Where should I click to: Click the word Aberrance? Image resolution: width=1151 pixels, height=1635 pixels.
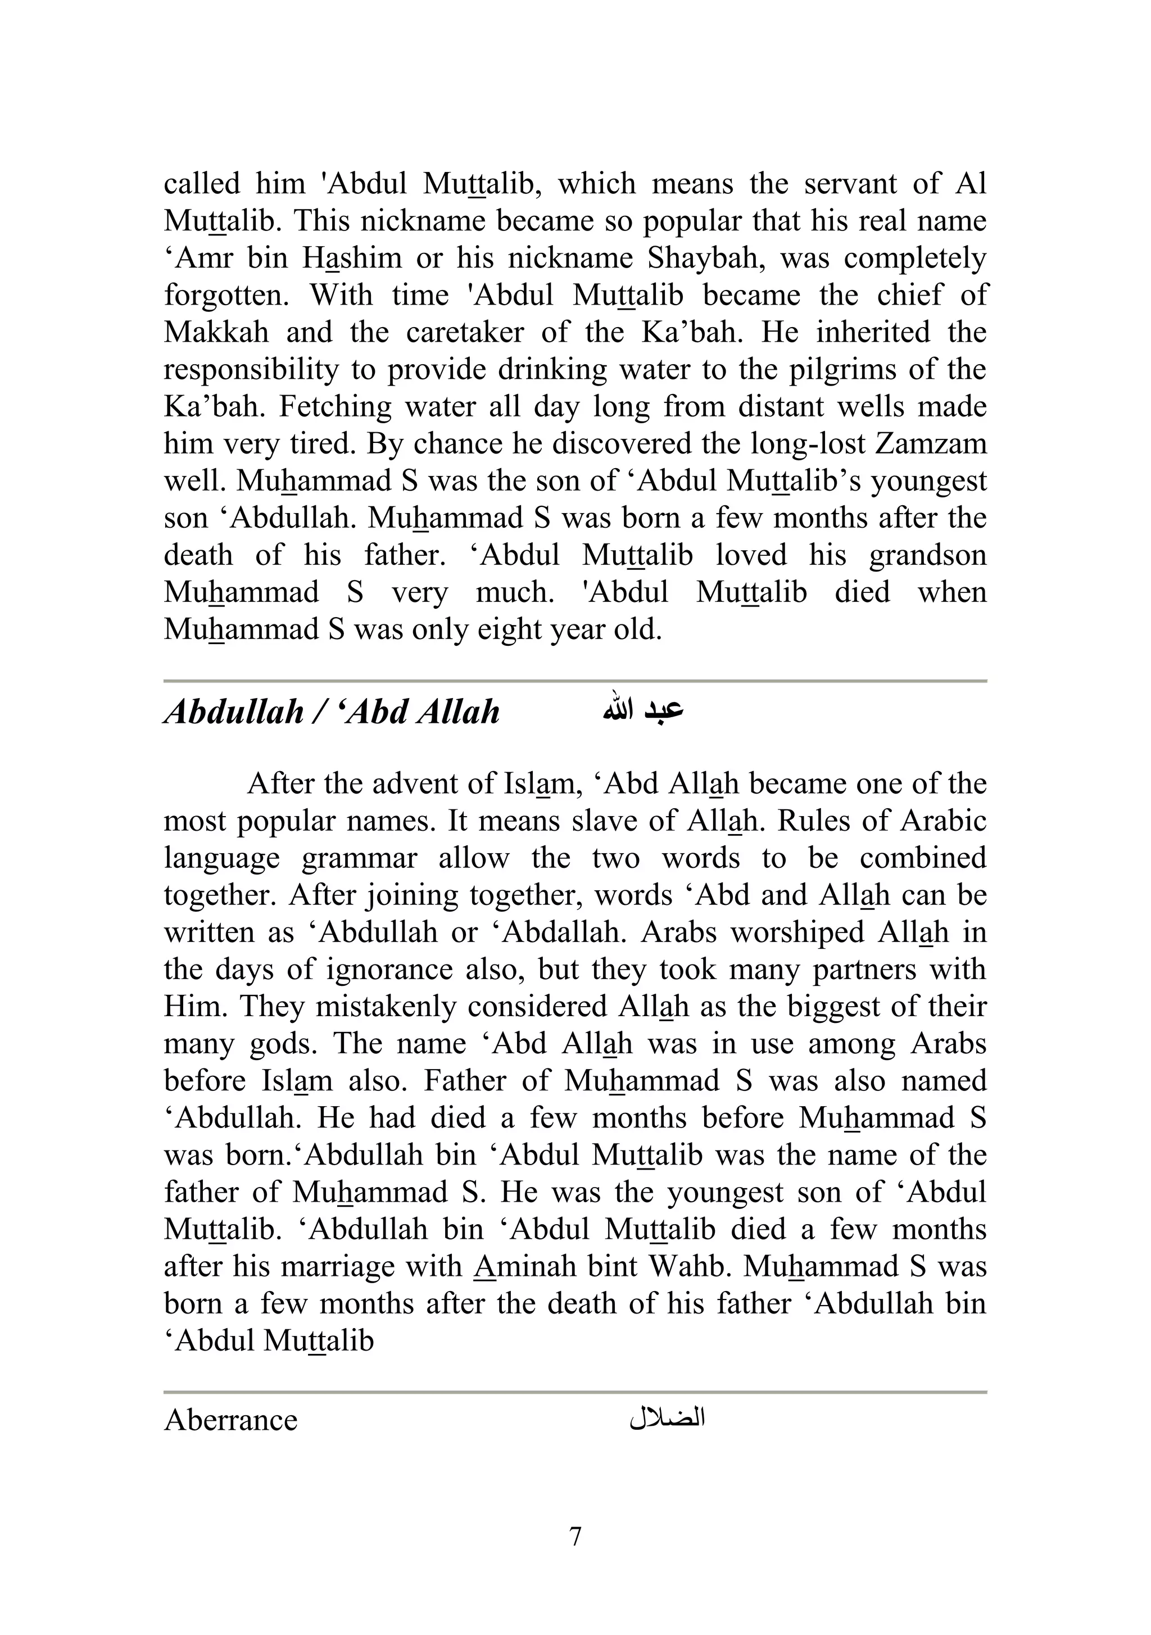pyautogui.click(x=230, y=1420)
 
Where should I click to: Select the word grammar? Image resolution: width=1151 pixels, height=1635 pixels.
pyautogui.click(x=359, y=858)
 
